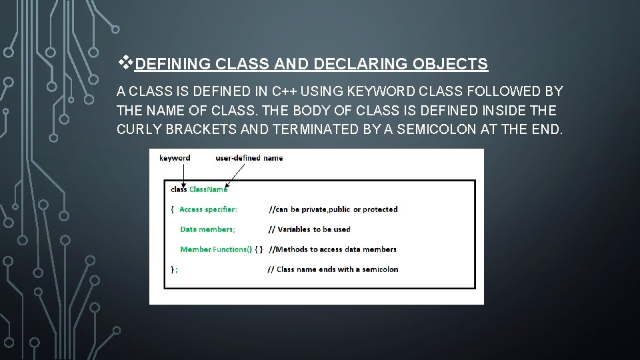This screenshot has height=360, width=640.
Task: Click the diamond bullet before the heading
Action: [x=125, y=63]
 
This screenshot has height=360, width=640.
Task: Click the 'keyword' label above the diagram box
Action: [x=175, y=158]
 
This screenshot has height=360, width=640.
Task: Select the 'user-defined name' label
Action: [x=249, y=158]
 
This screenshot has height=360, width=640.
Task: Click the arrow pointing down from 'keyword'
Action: [x=183, y=175]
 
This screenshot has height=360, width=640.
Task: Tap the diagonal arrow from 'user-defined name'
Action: [x=235, y=176]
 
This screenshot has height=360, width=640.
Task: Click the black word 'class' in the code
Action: [x=179, y=189]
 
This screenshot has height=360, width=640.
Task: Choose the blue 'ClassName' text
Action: [x=208, y=189]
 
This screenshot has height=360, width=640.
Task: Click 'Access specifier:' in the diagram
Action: [x=208, y=209]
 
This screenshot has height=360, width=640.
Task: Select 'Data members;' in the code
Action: [x=207, y=229]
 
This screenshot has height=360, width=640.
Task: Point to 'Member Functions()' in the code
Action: [x=216, y=249]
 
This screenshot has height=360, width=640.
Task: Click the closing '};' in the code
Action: [x=174, y=269]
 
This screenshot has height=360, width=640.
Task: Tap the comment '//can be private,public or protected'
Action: [x=333, y=209]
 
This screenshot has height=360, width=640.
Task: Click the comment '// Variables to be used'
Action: [x=309, y=229]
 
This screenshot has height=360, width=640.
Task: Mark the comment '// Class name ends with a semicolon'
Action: [x=333, y=269]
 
